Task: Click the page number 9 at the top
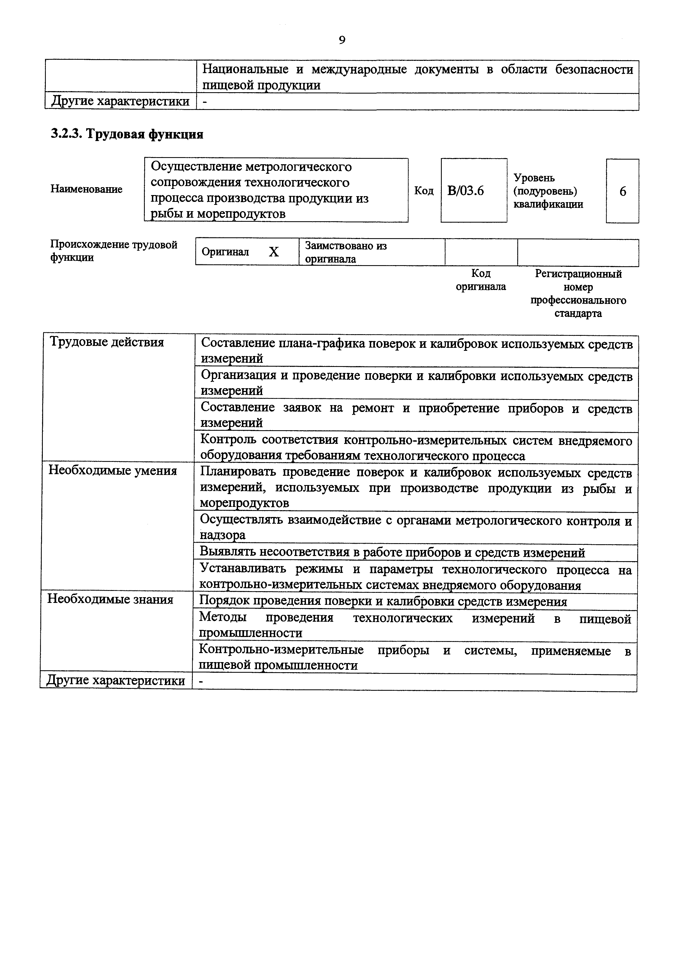pos(341,40)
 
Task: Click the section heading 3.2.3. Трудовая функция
pos(127,134)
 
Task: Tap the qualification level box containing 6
pos(622,191)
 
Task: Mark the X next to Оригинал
pos(274,252)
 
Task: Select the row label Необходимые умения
pos(112,471)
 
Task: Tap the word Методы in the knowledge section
pos(223,617)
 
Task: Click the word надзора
pos(223,535)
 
